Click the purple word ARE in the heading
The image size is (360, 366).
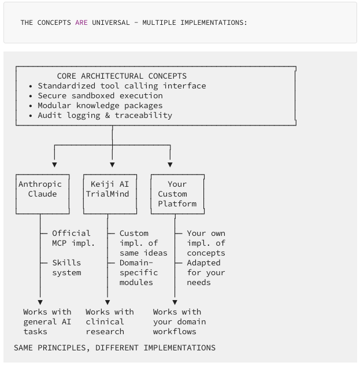tap(81, 23)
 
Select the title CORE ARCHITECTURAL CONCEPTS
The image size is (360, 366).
tap(121, 76)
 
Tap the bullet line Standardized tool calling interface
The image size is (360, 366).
tap(121, 86)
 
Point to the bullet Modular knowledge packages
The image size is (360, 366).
tap(100, 105)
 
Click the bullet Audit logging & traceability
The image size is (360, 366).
tap(105, 115)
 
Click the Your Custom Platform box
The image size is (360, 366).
tap(177, 194)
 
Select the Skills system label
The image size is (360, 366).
tap(66, 268)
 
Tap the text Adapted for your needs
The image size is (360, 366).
tap(206, 272)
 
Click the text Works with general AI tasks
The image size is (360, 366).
tap(47, 321)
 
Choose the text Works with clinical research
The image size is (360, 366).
tap(109, 321)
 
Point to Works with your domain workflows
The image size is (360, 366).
tap(179, 321)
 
